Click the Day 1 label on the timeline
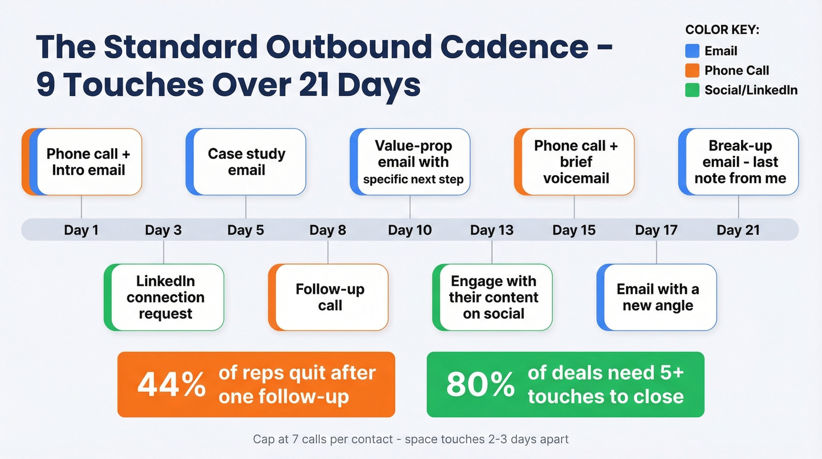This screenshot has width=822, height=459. [x=81, y=230]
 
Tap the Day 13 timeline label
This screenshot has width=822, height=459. [x=491, y=230]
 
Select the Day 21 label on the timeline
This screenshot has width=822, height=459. [x=738, y=230]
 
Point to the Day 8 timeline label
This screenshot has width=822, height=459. [x=328, y=230]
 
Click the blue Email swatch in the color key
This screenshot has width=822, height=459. [x=692, y=51]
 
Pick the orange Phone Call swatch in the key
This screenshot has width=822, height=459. [x=692, y=71]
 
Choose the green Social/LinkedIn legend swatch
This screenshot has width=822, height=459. [x=692, y=90]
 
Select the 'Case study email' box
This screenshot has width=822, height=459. [x=246, y=162]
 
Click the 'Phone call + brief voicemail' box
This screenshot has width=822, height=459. [x=575, y=162]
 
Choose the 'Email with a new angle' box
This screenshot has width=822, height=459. [x=657, y=297]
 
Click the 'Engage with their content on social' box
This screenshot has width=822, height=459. [x=493, y=297]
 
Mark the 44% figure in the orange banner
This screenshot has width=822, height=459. [x=171, y=385]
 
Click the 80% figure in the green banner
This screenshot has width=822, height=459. [x=480, y=385]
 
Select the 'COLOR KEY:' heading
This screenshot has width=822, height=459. [x=722, y=31]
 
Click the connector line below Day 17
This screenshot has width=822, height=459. [x=656, y=252]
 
